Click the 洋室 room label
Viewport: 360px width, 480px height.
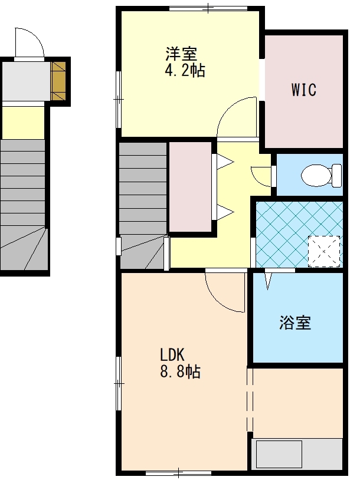pos(181,54)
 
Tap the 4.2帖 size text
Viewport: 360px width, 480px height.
pos(185,70)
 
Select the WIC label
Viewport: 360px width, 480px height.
pos(304,90)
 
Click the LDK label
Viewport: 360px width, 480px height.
pos(172,355)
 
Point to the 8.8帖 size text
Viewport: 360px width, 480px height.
pos(181,371)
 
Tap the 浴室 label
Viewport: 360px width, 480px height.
pos(295,323)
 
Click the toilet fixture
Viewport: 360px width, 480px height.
pos(322,175)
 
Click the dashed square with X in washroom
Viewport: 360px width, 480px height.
pos(324,251)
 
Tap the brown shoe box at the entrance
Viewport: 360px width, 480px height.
pos(58,81)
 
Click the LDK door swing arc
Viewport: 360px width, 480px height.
pos(221,298)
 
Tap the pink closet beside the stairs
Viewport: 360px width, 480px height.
pos(191,187)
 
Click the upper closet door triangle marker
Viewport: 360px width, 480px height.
pos(225,162)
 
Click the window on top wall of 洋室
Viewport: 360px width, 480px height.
pos(208,8)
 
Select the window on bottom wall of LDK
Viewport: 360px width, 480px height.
pos(178,472)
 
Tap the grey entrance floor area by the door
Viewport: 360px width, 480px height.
pos(26,81)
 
